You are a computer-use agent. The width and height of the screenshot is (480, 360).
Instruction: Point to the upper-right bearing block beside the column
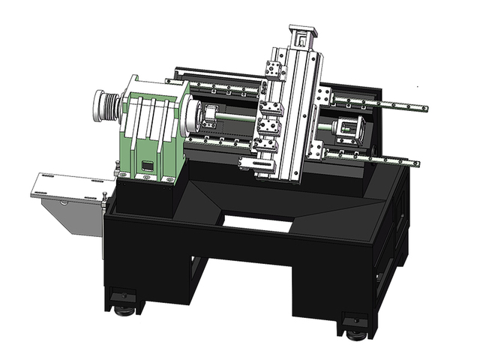pos(326,97)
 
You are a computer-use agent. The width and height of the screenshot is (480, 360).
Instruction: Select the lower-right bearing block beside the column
pos(317,151)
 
